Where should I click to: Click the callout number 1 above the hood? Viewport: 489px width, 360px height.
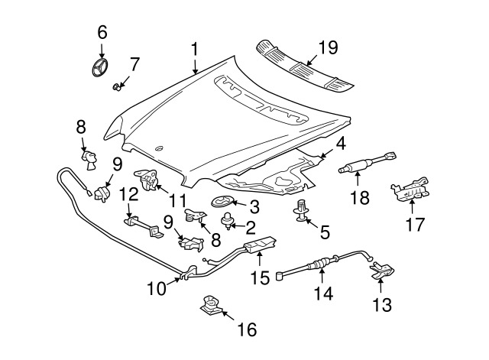[195, 50]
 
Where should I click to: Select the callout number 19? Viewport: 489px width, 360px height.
[327, 48]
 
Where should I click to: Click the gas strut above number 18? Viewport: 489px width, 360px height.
[370, 164]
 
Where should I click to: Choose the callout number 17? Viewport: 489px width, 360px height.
[413, 226]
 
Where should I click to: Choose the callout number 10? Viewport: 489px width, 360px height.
[156, 290]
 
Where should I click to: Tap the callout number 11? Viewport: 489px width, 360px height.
[177, 201]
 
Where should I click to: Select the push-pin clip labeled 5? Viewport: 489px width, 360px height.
[303, 211]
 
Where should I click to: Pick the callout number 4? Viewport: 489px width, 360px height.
[339, 144]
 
